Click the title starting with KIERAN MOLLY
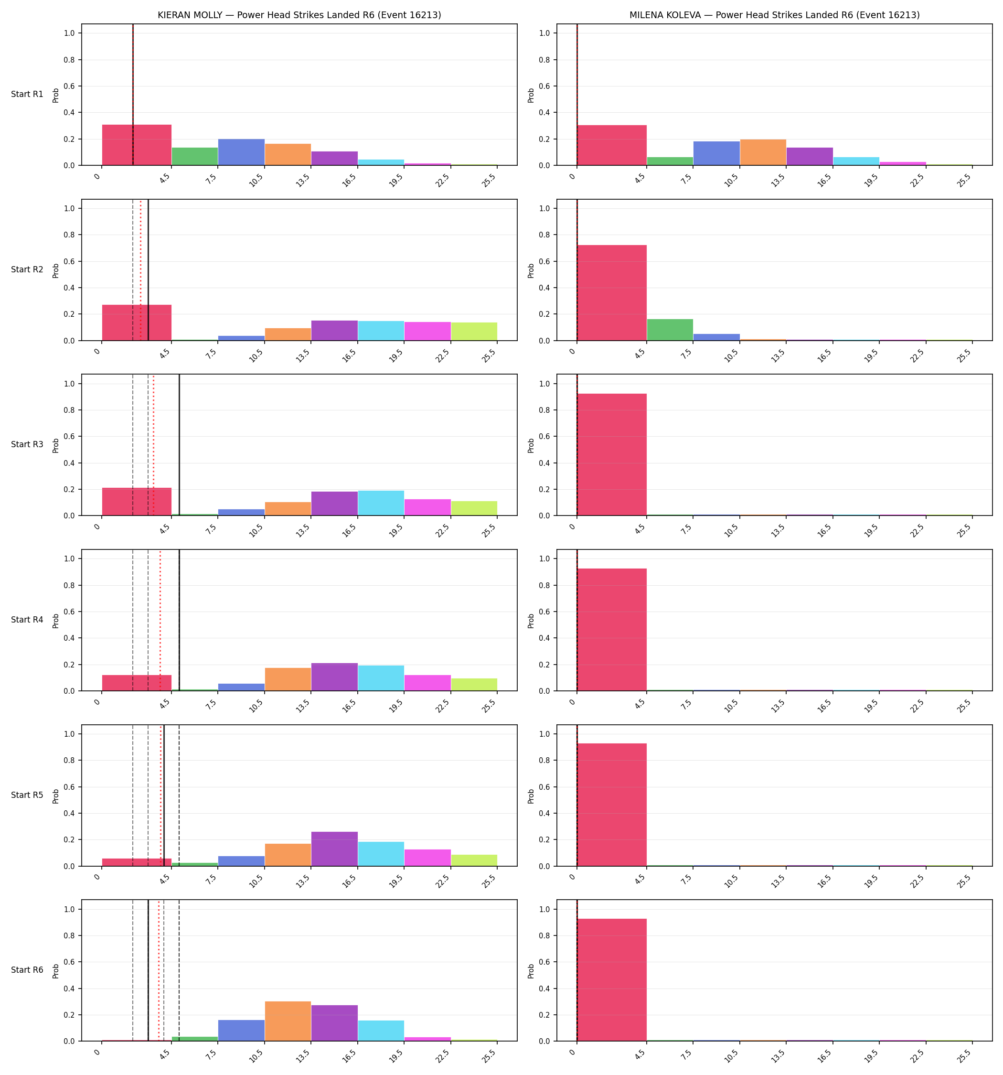(299, 15)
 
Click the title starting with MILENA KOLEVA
(774, 15)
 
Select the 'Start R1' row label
(27, 94)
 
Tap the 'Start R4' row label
(27, 620)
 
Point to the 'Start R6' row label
(27, 969)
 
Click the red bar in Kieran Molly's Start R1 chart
(137, 145)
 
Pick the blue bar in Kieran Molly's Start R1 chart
(241, 152)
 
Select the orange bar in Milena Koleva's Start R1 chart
(763, 152)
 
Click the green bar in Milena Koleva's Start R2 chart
(670, 330)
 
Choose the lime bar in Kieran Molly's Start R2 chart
(474, 332)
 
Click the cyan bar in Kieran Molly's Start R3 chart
(381, 503)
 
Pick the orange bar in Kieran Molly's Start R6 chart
(288, 1021)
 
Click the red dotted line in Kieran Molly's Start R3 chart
(154, 445)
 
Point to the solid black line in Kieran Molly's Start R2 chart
(149, 270)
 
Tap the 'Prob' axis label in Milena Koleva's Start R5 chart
(531, 795)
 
